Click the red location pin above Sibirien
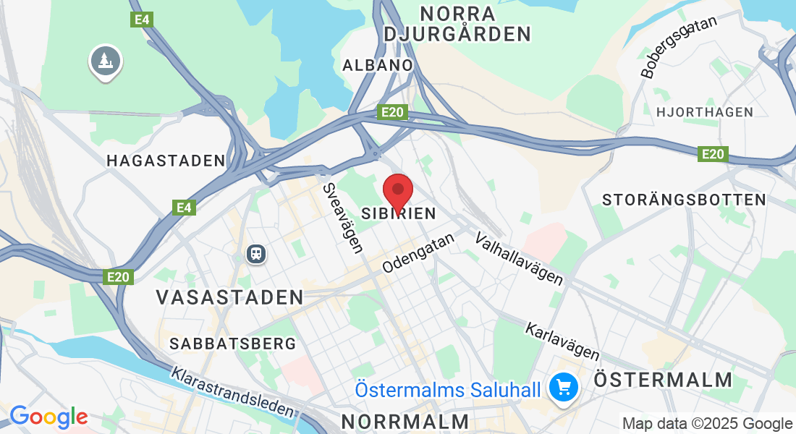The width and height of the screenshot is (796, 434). tap(397, 191)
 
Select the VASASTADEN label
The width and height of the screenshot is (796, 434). tap(230, 297)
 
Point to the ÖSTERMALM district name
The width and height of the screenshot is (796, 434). tap(663, 380)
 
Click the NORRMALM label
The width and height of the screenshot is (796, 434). tap(405, 421)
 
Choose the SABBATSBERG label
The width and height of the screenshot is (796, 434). tap(233, 344)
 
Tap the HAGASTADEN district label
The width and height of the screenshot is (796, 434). tap(166, 161)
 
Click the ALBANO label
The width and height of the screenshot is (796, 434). tap(378, 65)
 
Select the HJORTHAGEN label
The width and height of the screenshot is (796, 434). tap(704, 112)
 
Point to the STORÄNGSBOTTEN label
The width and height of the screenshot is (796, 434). tap(684, 200)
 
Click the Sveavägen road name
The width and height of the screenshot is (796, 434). tap(342, 218)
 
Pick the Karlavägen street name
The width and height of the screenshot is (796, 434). tap(562, 341)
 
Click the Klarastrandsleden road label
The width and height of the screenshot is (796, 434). tap(233, 393)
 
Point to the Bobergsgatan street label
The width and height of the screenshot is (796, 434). tap(678, 46)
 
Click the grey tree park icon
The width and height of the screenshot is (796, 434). tap(106, 61)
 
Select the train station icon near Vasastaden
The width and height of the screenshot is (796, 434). tap(255, 253)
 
